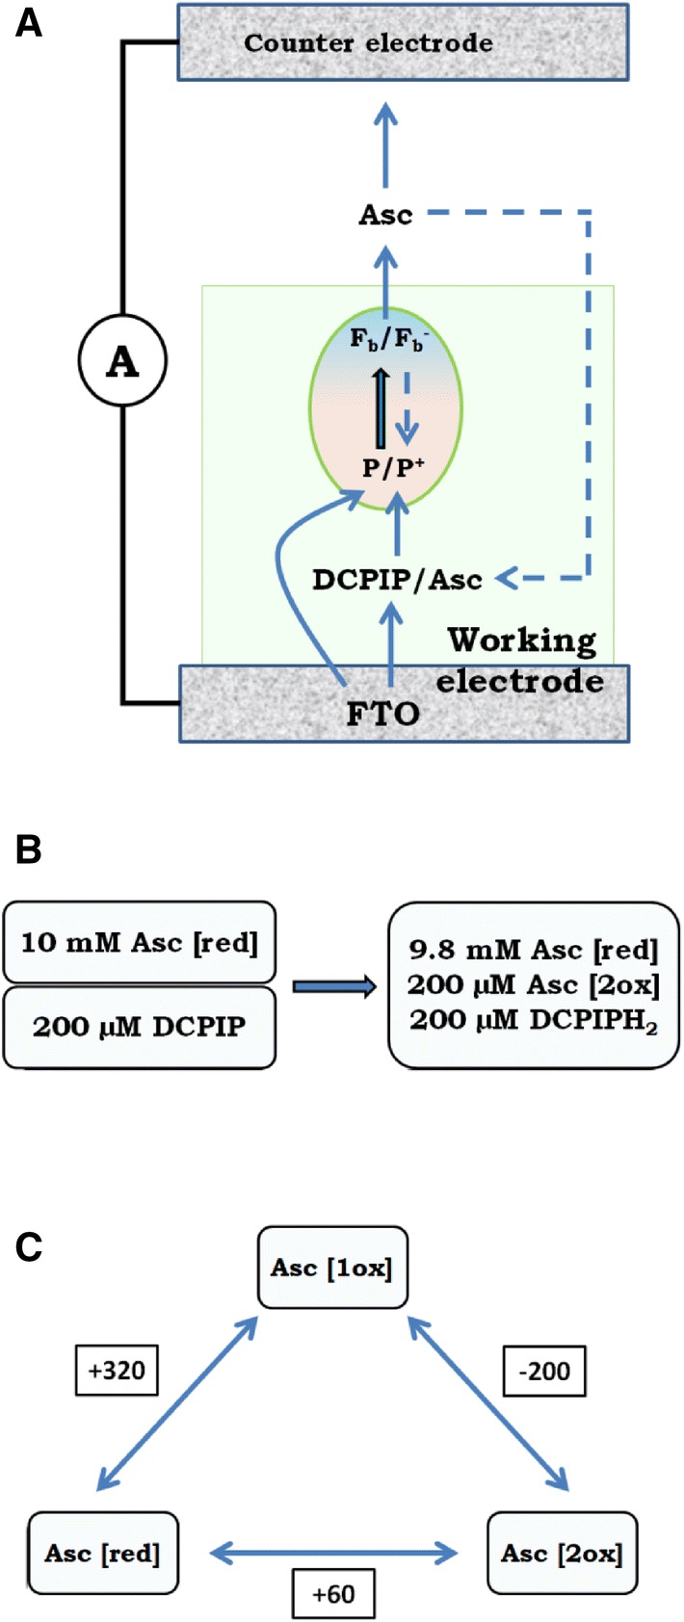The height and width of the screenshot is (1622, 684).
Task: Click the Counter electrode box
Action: pyautogui.click(x=403, y=43)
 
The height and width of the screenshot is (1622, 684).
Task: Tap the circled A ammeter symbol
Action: pyautogui.click(x=122, y=361)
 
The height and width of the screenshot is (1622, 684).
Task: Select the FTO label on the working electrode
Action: pyautogui.click(x=382, y=714)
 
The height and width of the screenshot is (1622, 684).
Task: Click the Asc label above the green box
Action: pyautogui.click(x=385, y=215)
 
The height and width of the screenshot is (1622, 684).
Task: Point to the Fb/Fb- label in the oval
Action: pyautogui.click(x=385, y=340)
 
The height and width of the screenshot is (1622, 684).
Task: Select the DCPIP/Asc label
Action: pyautogui.click(x=397, y=580)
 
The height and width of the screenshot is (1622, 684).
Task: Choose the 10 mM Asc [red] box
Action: pyautogui.click(x=139, y=941)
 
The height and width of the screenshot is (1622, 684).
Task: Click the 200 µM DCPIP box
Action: pyautogui.click(x=139, y=1026)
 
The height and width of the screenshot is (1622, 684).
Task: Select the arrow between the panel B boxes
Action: pyautogui.click(x=333, y=986)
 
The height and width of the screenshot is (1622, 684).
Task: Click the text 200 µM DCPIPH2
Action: pyautogui.click(x=534, y=1021)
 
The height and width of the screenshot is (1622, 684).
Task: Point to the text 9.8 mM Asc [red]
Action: pyautogui.click(x=534, y=951)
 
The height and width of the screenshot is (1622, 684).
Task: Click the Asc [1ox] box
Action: pyautogui.click(x=332, y=1268)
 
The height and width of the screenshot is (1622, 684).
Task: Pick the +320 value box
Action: pyautogui.click(x=117, y=1370)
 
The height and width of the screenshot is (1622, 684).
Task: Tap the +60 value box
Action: pyautogui.click(x=333, y=1594)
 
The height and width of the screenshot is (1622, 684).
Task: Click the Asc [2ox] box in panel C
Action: pyautogui.click(x=562, y=1553)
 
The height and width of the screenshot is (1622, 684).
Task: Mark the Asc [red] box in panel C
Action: pyautogui.click(x=103, y=1553)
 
